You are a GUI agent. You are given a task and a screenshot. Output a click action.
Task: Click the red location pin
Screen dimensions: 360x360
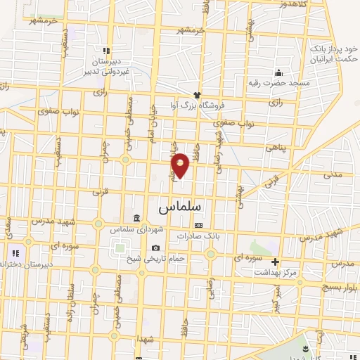(x=181, y=165)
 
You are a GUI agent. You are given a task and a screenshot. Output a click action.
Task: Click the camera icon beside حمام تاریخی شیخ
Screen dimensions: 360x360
(x=155, y=247)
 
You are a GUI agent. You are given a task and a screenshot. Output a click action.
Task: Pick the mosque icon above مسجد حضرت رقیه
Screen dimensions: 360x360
(x=279, y=72)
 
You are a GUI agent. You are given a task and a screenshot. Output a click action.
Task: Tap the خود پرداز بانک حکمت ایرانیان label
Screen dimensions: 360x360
(x=334, y=55)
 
